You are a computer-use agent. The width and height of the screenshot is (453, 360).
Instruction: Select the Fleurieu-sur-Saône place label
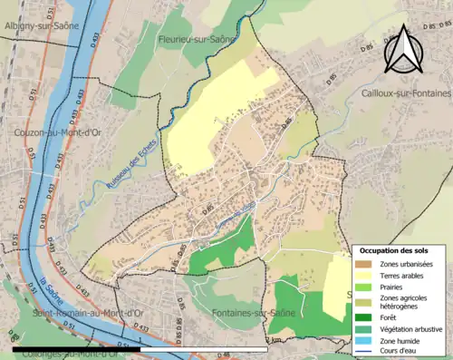196,40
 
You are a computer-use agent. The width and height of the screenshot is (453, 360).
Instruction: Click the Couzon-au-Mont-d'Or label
54,132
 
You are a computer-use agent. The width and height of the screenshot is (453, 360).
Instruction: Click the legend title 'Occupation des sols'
395,249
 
